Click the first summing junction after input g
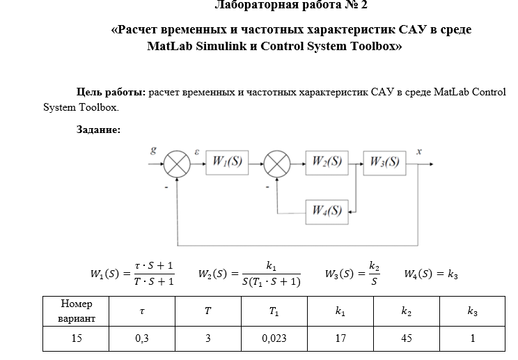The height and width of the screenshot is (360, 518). point(177,164)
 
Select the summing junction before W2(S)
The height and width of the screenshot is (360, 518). point(278,164)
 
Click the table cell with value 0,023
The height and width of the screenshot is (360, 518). point(274,339)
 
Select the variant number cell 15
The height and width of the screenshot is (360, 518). point(76,339)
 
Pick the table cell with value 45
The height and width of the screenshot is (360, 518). point(407,339)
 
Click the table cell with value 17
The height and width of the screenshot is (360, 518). point(340,339)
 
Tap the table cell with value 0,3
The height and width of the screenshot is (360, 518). point(142,339)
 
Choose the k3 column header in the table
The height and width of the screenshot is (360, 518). point(473,311)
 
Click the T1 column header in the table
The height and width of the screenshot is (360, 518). point(274,311)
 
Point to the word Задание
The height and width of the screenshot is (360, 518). point(98,130)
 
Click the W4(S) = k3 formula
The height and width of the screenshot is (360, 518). point(430,274)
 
